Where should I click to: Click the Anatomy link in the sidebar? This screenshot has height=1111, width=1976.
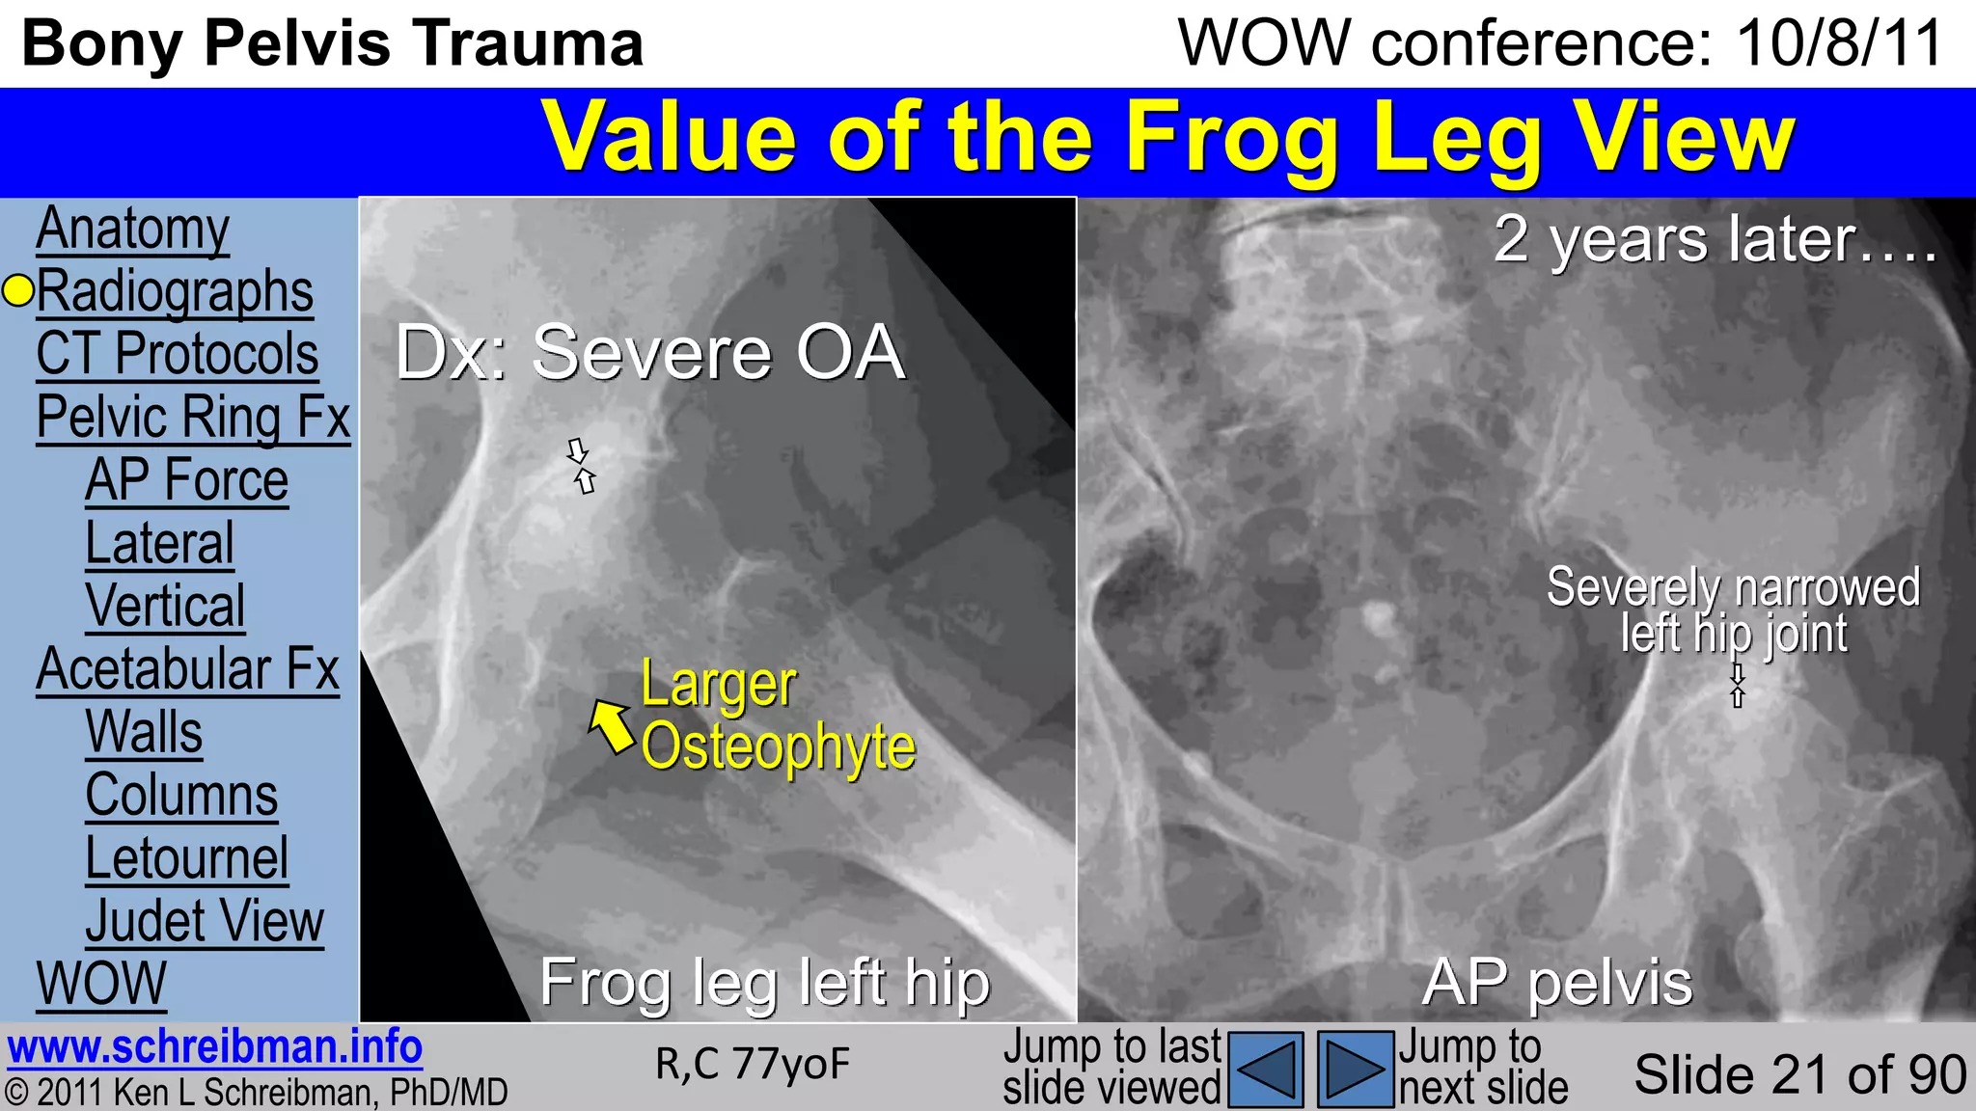click(x=132, y=230)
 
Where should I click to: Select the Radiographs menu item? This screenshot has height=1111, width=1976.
click(x=175, y=291)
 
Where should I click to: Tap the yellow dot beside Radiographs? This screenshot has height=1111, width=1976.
click(x=18, y=290)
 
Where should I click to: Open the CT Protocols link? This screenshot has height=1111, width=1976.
click(x=177, y=354)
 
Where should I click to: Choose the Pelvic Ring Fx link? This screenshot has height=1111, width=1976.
click(x=193, y=418)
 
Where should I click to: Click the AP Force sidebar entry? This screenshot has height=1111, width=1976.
click(x=186, y=480)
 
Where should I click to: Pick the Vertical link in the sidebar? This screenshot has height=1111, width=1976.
click(x=165, y=607)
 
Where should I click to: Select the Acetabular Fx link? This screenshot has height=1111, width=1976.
click(x=187, y=669)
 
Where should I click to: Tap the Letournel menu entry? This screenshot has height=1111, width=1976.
click(x=186, y=858)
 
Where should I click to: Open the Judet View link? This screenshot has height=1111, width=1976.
click(x=205, y=921)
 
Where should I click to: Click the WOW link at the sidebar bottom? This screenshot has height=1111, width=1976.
click(x=101, y=984)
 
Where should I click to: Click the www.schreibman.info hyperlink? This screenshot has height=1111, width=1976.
click(x=214, y=1047)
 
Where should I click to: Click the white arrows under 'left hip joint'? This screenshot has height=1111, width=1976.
click(x=1738, y=686)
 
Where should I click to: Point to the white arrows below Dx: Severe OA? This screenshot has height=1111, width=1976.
click(x=581, y=466)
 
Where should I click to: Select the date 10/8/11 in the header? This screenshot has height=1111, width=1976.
click(x=1839, y=43)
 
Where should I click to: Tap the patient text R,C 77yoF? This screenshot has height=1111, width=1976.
click(x=753, y=1065)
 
